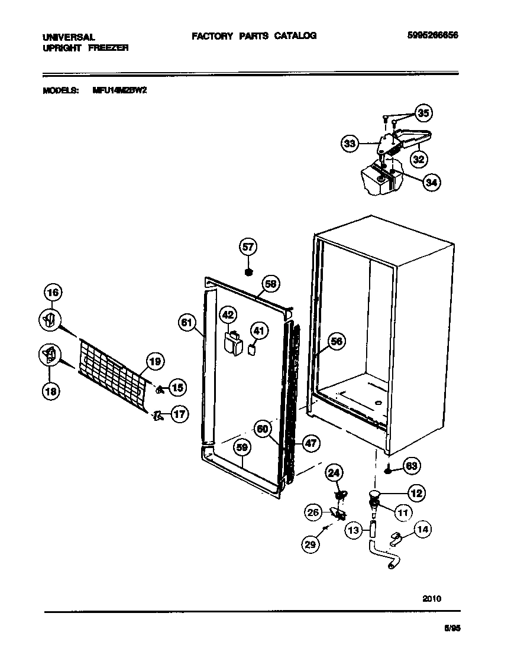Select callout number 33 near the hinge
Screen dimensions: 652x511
pos(350,143)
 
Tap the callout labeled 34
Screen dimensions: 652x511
pos(432,183)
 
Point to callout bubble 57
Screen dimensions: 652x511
pos(248,246)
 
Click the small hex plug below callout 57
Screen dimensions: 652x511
pos(249,272)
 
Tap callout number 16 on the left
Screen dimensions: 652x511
pos(53,292)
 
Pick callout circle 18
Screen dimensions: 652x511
pos(51,391)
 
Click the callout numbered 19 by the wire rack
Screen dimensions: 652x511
pos(155,361)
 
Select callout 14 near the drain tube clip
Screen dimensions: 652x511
pos(422,529)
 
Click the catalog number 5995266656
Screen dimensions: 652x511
pos(433,35)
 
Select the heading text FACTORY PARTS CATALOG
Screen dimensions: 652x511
pos(254,35)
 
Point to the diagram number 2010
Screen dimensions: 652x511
pos(432,598)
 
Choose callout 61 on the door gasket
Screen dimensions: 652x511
pos(187,322)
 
